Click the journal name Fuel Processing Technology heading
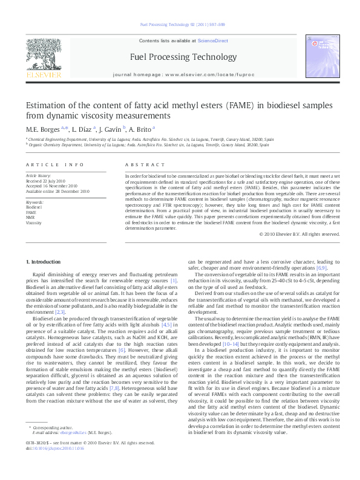(179, 57)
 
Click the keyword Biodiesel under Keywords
(34, 207)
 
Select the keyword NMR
(31, 217)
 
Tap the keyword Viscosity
(34, 222)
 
